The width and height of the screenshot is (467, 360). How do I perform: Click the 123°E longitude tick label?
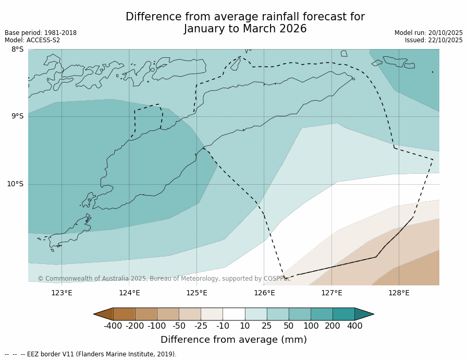point(62,293)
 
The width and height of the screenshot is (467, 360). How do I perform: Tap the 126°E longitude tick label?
point(264,293)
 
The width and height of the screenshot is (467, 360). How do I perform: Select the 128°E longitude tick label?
point(399,293)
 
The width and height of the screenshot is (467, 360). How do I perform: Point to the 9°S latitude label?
point(17,116)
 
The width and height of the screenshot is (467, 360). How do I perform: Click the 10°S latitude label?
point(15,184)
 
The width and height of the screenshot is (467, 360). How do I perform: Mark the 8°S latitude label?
point(17,50)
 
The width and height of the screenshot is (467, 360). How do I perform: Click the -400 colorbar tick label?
point(113,326)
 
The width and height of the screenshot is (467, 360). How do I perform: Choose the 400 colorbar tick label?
point(354,326)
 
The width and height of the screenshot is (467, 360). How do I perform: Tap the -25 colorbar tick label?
point(200,326)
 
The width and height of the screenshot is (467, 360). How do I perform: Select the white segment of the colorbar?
point(233,314)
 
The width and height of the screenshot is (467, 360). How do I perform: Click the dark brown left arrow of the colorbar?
point(104,314)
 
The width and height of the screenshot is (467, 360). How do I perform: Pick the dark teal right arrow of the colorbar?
point(364,314)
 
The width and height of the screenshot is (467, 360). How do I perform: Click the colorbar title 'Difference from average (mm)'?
point(233,340)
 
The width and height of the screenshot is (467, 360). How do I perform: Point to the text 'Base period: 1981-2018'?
point(41,33)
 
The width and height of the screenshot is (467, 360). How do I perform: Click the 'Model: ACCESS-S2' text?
point(32,40)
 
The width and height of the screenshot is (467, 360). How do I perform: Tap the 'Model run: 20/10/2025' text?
point(428,33)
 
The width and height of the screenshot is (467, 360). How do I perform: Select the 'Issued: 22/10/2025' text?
point(434,40)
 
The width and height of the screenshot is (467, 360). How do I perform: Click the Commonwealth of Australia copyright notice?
point(164,279)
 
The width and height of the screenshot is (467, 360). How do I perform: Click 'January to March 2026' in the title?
point(245,29)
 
